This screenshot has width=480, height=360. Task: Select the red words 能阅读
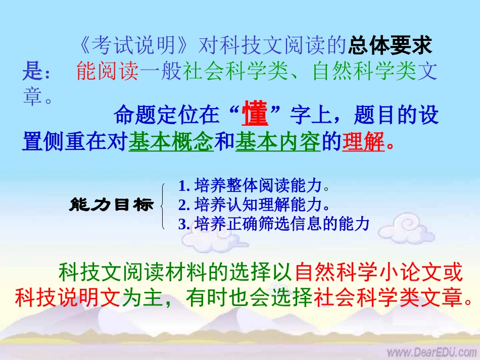(x=107, y=72)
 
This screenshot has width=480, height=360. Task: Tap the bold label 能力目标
(x=111, y=205)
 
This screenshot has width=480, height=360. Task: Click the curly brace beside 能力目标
(x=162, y=206)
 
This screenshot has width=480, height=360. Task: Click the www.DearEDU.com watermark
(x=432, y=351)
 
